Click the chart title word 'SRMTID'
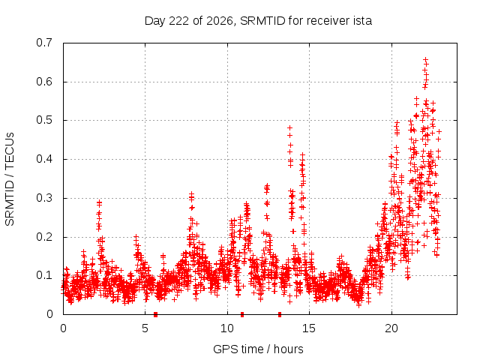(x=263, y=21)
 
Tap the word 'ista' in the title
(x=363, y=21)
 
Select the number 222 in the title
(x=178, y=21)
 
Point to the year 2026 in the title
(x=220, y=22)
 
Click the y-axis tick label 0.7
(x=44, y=43)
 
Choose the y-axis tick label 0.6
(x=44, y=82)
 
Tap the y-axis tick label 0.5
(x=44, y=120)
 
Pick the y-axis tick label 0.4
(x=44, y=159)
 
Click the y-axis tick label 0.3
(x=44, y=198)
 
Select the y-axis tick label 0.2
(x=44, y=237)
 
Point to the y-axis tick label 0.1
(x=44, y=275)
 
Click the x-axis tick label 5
(x=145, y=328)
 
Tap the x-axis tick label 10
(x=227, y=328)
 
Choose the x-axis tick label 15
(x=309, y=328)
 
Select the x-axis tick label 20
(x=391, y=328)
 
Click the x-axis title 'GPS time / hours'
(x=258, y=349)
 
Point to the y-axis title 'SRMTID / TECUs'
(x=10, y=179)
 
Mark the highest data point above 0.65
(x=425, y=60)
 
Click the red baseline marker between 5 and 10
(x=155, y=314)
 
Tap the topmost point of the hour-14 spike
(x=289, y=127)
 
